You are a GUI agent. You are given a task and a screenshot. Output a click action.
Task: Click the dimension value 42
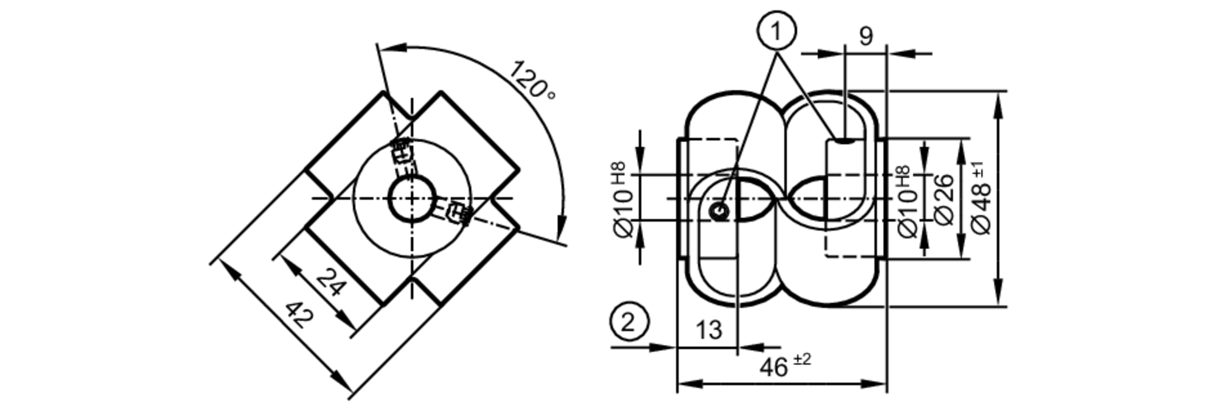pos(301,317)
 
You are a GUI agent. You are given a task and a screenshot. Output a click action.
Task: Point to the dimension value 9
pos(865,37)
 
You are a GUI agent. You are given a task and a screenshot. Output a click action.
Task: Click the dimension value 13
pos(709,330)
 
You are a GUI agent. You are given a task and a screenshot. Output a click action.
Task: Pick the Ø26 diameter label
pos(943,199)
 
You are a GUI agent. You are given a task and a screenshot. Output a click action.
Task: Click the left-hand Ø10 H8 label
pos(624,200)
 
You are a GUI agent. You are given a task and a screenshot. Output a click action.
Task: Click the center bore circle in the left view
pos(413,199)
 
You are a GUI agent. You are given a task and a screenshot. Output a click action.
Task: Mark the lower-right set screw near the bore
pos(457,213)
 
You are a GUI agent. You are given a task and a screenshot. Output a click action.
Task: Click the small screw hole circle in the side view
pos(720,211)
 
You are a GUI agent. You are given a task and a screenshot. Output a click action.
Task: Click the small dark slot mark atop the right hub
pos(845,141)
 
